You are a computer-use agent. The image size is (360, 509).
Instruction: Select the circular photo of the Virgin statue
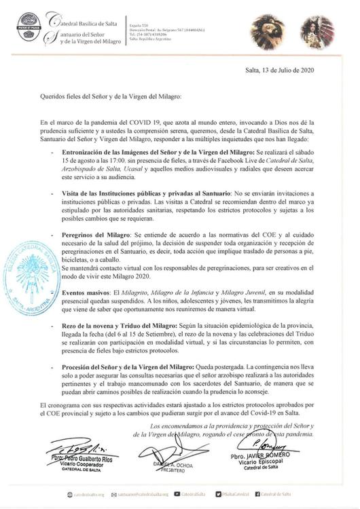(318, 31)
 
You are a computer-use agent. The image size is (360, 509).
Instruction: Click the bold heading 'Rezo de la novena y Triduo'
(120, 326)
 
